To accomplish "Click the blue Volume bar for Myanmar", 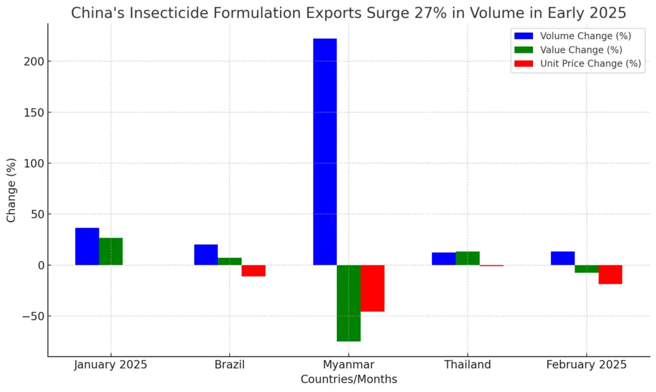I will coord(325,151).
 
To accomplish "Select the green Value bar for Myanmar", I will coord(348,303).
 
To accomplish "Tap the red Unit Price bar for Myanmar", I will coord(372,288).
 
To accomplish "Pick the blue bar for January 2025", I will coord(87,246).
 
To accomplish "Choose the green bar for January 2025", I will coord(111,251).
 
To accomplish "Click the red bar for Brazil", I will coord(254,270).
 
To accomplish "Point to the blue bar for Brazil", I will coord(206,255).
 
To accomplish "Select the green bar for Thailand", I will coord(468,258).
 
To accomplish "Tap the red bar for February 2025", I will coord(611,274).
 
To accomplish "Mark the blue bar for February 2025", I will coord(562,258).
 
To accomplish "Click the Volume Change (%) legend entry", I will coord(577,36).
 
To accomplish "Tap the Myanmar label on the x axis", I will coord(348,365).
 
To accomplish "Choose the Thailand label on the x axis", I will coord(468,365).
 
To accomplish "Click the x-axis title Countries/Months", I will coord(348,379).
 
